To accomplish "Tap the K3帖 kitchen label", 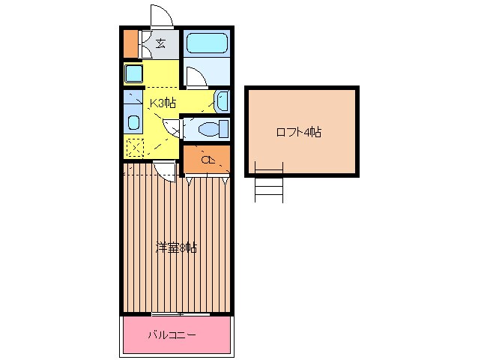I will point(163,103).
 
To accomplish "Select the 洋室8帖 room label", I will point(176,247).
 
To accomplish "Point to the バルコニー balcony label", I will point(172,334).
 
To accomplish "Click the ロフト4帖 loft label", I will point(299,132).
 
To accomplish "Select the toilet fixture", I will point(209,128).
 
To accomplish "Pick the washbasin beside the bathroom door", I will point(222,100).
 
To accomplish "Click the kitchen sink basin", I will point(133,122).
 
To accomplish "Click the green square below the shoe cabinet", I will point(133,73).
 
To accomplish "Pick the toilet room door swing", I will point(174,128).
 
